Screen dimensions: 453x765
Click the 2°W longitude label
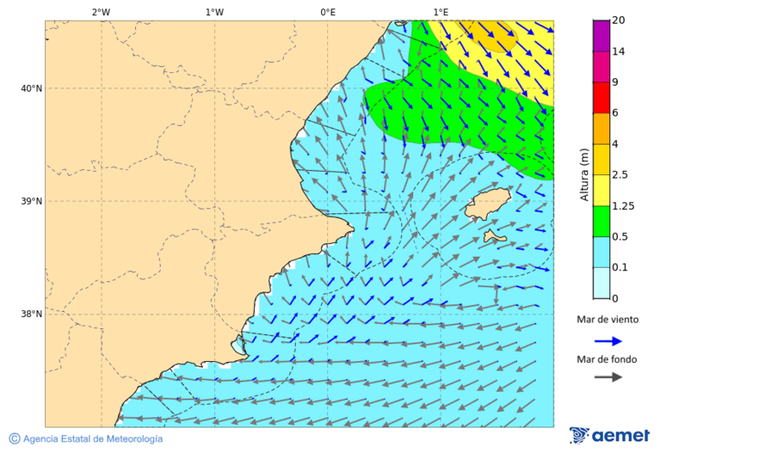100,12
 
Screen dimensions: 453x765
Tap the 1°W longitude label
214,12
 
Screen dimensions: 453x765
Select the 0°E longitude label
327,12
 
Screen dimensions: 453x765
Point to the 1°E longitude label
440,12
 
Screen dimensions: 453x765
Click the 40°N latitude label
31,88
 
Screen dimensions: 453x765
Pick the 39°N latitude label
31,201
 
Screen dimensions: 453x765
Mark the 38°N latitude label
31,314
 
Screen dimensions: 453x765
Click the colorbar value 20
619,20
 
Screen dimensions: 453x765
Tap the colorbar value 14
619,52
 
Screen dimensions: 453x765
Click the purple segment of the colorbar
601,36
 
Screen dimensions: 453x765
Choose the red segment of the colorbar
601,98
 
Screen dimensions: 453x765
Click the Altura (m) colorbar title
584,175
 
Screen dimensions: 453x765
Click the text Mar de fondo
606,360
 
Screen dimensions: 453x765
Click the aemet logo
609,435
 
